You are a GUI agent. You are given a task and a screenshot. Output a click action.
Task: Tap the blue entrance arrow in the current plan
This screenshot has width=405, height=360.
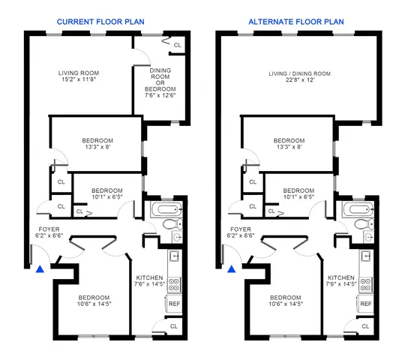point(40,266)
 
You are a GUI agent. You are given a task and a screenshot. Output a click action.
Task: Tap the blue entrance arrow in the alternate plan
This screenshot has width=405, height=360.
point(232,267)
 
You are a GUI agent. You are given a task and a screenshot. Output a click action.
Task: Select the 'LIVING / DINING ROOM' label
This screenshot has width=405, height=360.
point(300,73)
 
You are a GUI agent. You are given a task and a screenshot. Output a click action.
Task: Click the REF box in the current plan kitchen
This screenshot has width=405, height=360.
point(174,304)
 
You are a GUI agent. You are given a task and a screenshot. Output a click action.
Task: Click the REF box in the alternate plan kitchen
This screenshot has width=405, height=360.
point(366,304)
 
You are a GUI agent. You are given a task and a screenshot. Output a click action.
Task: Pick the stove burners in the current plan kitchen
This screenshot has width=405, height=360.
point(173,283)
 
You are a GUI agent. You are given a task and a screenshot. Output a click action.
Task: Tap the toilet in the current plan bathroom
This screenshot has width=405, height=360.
point(170,223)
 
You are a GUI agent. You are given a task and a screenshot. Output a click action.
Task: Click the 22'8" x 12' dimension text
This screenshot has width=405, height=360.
point(300,81)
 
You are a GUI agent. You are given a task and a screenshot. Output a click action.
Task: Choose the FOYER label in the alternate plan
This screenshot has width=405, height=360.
point(240,229)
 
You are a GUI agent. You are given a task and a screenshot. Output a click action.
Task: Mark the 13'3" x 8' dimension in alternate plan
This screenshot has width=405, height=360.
point(289,147)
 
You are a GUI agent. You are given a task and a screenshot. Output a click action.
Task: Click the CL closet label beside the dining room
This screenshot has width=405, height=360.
point(177,46)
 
